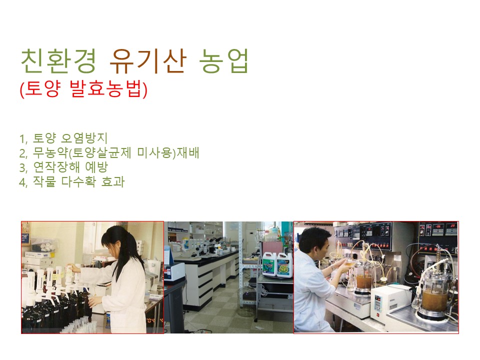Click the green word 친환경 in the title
(x=58, y=61)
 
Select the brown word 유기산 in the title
(x=147, y=61)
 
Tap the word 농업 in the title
(x=223, y=61)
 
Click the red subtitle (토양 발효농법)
(x=83, y=89)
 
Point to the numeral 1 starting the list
(x=22, y=139)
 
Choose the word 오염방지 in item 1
(x=84, y=138)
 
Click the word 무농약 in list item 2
(x=50, y=152)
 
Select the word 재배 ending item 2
(x=188, y=152)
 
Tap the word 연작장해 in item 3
(x=56, y=167)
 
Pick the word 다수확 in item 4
(x=78, y=181)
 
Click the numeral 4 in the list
(x=22, y=182)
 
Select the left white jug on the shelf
(x=269, y=264)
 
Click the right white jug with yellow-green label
(x=284, y=265)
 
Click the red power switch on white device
(x=377, y=314)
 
